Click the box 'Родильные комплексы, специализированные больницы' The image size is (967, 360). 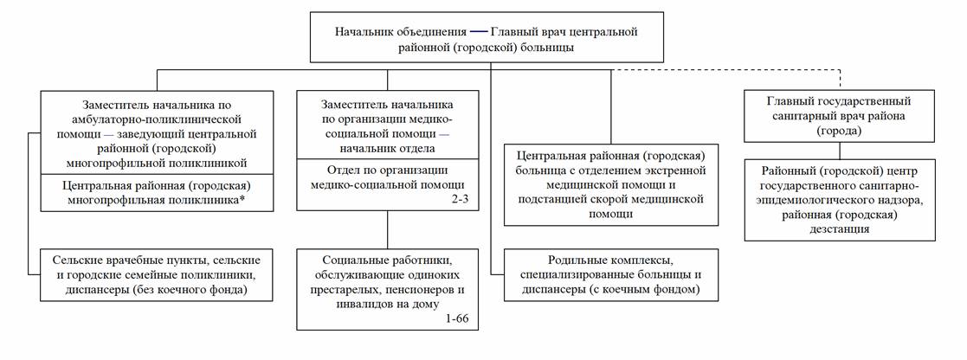[x=611, y=274]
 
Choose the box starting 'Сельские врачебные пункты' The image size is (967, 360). [x=157, y=274]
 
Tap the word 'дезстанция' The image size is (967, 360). [x=839, y=229]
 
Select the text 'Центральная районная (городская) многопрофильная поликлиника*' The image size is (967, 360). [x=157, y=194]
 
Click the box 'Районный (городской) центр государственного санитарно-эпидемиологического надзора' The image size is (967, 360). [x=839, y=199]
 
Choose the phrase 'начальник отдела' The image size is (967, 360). [x=386, y=148]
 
